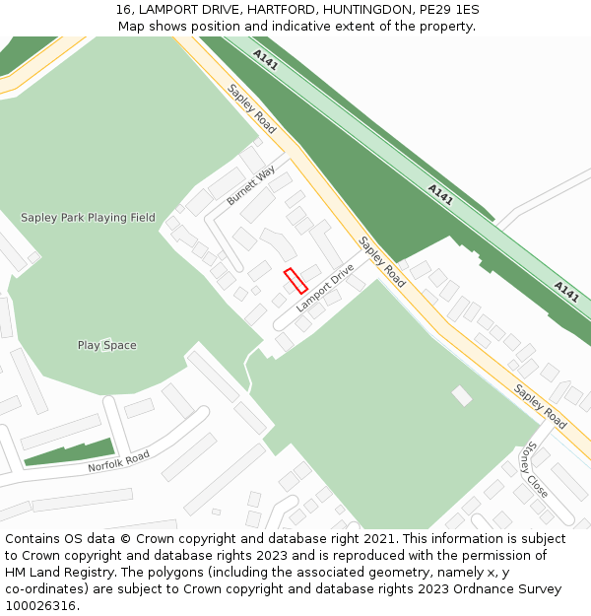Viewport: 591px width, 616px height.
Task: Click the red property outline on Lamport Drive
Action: (295, 281)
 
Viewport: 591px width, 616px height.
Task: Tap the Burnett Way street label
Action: (251, 185)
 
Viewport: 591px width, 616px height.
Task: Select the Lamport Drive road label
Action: (324, 288)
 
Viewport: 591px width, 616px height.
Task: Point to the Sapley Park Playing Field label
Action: (88, 218)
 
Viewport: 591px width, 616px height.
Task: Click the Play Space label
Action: (107, 345)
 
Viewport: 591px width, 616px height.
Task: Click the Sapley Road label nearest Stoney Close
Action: (540, 406)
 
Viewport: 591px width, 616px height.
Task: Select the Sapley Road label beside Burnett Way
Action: (251, 108)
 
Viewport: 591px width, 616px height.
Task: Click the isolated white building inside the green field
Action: (461, 395)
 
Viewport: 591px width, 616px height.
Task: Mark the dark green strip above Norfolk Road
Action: (69, 452)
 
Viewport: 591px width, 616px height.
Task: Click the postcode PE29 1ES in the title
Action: (449, 10)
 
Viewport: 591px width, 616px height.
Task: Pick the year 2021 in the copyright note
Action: (375, 539)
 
